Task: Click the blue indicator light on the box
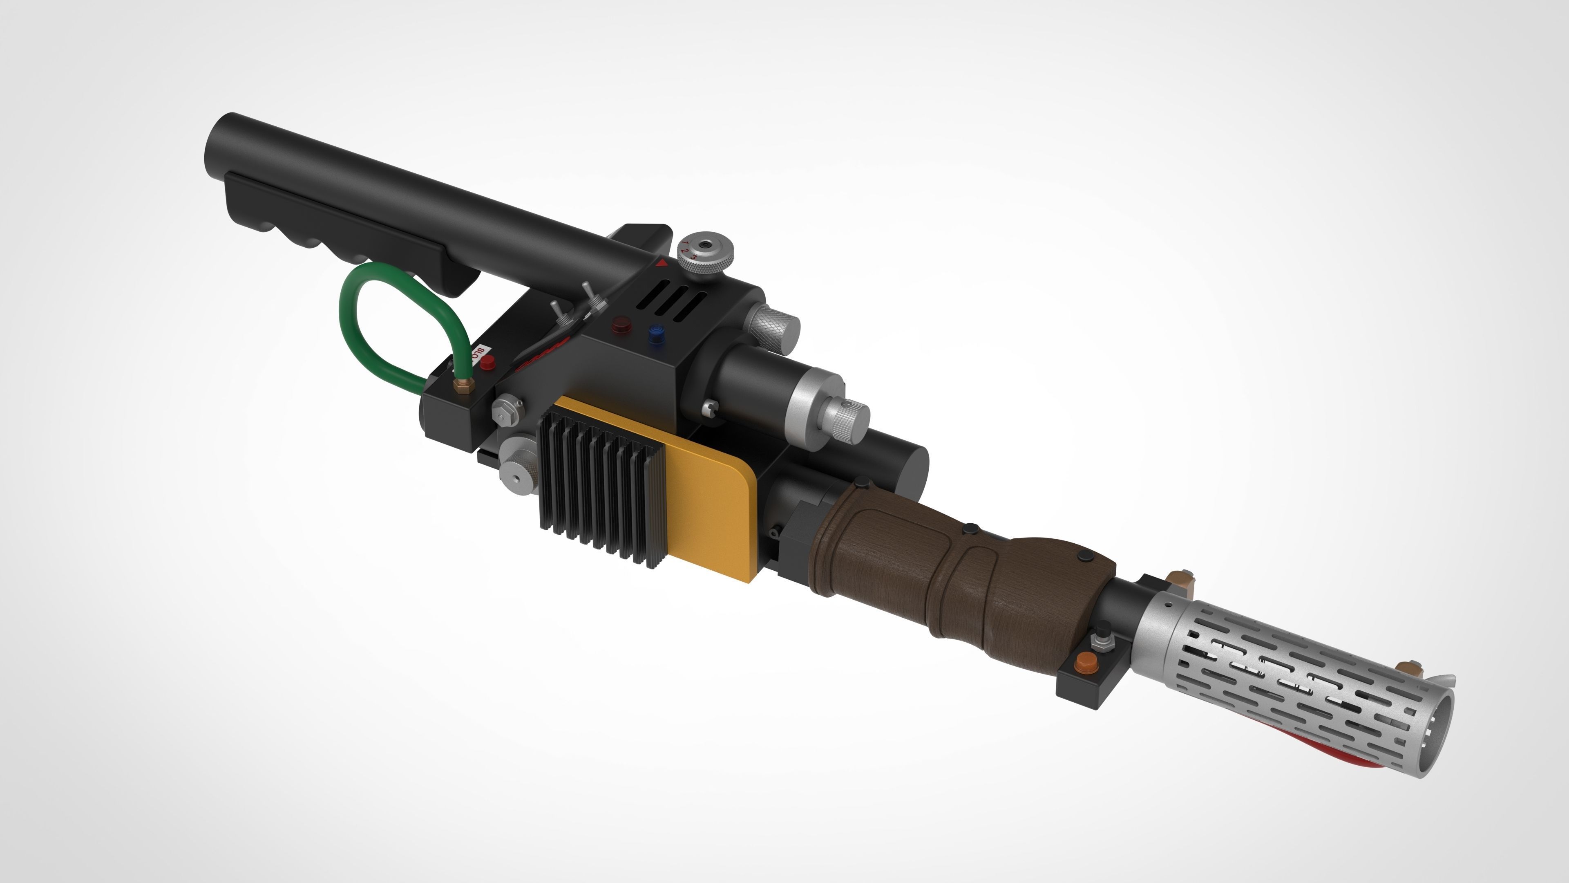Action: (x=656, y=334)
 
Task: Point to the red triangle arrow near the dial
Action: (x=662, y=263)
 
